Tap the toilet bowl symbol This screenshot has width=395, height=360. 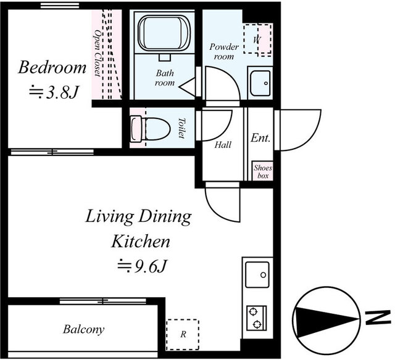click(150, 128)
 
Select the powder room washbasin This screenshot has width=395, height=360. click(260, 83)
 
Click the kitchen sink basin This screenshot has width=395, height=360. click(257, 274)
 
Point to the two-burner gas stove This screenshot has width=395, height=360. click(257, 318)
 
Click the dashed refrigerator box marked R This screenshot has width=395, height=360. click(183, 334)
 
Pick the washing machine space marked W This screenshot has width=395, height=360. click(257, 39)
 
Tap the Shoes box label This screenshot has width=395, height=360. click(263, 171)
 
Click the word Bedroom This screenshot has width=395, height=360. click(52, 67)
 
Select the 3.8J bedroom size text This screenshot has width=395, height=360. click(54, 92)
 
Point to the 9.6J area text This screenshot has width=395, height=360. click(143, 267)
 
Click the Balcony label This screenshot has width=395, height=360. click(84, 329)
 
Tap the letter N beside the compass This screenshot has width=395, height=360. click(376, 317)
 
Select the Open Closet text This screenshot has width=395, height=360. click(98, 54)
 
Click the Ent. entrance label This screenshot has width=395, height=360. click(260, 138)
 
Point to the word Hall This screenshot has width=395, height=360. click(223, 145)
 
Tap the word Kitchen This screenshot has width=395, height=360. click(141, 241)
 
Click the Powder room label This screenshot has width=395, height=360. click(224, 52)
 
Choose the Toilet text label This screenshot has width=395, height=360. click(181, 128)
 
